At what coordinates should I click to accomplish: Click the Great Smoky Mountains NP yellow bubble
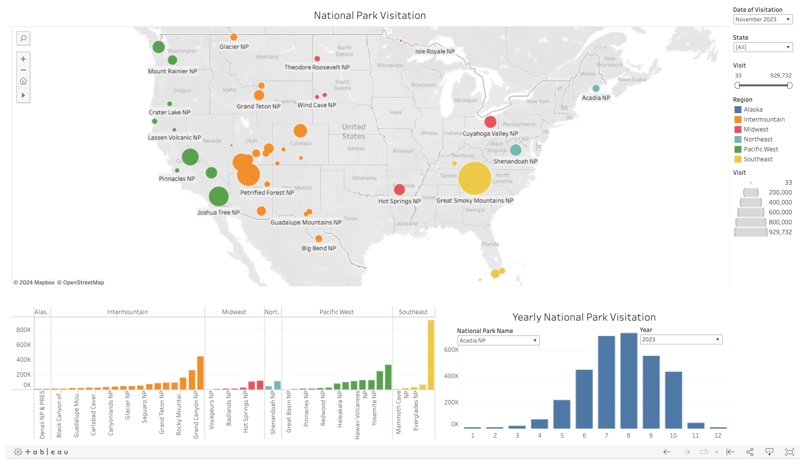474,178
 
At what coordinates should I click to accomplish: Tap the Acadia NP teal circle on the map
596,88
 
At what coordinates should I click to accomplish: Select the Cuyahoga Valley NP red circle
490,122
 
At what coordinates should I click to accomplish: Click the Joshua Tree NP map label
218,212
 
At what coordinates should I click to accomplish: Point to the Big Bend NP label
319,248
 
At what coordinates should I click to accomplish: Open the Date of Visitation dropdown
763,19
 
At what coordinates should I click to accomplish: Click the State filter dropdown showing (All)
763,47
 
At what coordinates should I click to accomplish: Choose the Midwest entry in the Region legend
756,130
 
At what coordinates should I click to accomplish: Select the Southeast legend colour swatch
738,159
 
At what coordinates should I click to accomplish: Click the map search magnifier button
23,38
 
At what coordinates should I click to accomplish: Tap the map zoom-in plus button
23,59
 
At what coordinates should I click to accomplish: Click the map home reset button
23,81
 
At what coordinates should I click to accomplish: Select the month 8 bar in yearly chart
629,381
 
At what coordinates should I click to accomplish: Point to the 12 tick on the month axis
718,436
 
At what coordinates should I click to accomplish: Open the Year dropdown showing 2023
681,339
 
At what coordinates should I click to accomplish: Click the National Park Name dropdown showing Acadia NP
498,340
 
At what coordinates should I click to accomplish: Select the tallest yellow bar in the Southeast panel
431,355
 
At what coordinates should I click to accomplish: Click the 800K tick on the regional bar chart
24,330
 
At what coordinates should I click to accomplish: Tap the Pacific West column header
336,312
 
